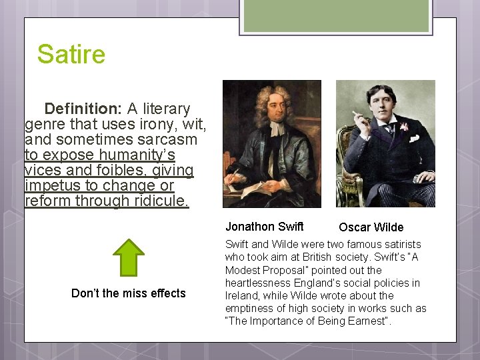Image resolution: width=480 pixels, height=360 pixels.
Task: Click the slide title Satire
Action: coord(71,54)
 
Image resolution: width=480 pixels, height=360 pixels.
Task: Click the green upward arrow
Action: coord(129,257)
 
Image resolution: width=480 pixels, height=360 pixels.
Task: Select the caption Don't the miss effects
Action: coord(129,293)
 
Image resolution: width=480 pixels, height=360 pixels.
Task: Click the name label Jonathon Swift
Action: coord(264,227)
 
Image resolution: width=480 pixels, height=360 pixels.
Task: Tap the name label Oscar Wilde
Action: coord(371,227)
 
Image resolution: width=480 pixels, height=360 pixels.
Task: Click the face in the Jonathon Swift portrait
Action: coord(275,109)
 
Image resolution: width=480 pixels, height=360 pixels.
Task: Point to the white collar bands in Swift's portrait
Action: coord(275,129)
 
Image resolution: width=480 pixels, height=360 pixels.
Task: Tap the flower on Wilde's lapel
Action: coord(404,126)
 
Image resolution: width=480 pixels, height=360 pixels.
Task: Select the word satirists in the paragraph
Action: coord(400,245)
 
